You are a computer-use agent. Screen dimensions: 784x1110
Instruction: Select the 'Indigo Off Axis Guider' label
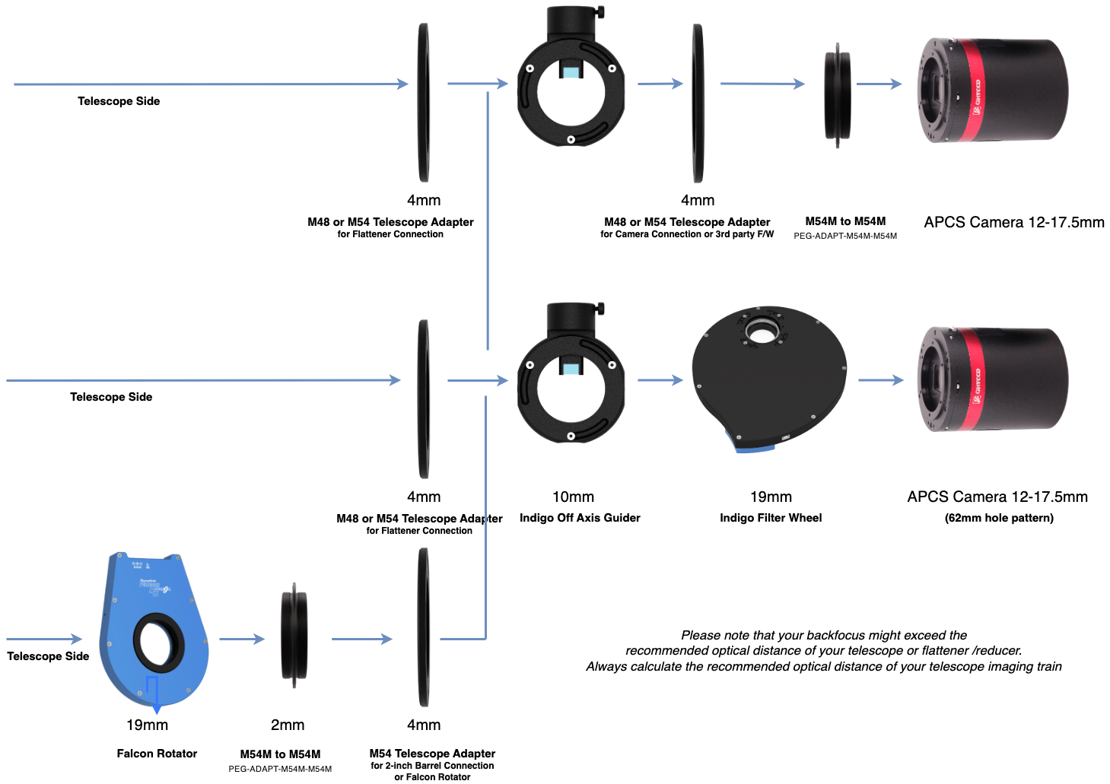(580, 518)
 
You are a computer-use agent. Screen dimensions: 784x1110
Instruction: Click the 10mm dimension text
(573, 497)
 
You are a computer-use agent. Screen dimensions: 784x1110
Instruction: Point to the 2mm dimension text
(288, 725)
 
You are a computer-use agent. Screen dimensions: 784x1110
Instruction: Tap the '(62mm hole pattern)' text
(999, 518)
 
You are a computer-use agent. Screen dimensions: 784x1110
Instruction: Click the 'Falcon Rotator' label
(157, 754)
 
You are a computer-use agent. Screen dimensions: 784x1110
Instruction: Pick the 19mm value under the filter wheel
(771, 497)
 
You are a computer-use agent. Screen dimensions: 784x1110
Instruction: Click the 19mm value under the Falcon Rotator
(147, 725)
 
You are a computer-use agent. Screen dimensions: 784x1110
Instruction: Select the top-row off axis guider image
(571, 84)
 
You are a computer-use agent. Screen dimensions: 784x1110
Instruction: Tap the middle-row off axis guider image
(571, 380)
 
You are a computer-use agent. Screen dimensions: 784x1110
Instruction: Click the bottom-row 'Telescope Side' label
(48, 656)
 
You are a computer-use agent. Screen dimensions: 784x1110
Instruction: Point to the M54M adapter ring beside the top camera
(837, 95)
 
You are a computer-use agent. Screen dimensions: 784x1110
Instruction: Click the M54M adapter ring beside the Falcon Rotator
(294, 635)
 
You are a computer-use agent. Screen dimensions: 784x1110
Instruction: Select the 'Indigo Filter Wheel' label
(771, 518)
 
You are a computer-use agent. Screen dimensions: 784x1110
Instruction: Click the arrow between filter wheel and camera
(881, 379)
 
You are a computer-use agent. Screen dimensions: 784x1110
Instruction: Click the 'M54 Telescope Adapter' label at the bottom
(432, 754)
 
